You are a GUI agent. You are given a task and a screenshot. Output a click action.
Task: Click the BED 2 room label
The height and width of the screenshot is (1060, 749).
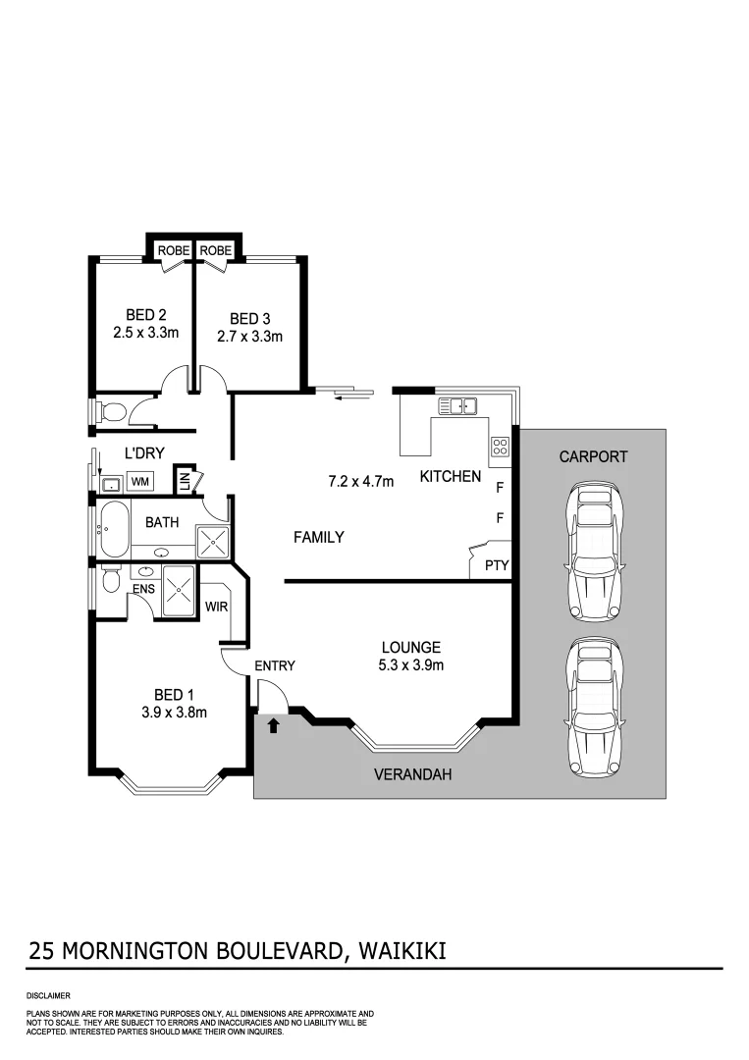point(145,315)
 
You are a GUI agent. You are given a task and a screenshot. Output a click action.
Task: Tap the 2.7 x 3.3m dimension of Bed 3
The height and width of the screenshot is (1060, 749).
point(249,337)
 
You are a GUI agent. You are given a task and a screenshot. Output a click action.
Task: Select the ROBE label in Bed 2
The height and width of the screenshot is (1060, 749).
point(173,251)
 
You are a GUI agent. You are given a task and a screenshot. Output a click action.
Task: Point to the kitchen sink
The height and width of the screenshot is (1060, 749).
point(456,405)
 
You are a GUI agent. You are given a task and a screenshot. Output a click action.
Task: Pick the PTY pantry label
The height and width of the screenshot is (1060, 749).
point(495,565)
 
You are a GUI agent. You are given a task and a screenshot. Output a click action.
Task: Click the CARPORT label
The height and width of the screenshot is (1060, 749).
point(592,456)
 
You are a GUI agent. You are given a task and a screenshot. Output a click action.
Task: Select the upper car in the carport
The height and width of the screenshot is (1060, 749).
point(592,552)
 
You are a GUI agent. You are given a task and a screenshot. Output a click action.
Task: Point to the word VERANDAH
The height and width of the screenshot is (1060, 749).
point(413,774)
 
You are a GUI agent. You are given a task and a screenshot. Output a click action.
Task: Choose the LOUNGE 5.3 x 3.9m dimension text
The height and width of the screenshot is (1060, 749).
point(411,666)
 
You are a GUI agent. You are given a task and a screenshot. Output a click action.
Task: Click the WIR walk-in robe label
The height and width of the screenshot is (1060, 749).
point(217,607)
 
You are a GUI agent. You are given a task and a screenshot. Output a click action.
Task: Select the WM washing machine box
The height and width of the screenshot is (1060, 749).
point(140,482)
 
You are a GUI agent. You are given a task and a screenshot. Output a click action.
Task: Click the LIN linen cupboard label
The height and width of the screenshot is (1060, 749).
point(184,482)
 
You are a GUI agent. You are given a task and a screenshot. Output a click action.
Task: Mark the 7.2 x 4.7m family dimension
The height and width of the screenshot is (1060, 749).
point(360,481)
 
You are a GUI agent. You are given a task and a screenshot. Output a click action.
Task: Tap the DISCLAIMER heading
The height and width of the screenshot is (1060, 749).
point(48,995)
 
